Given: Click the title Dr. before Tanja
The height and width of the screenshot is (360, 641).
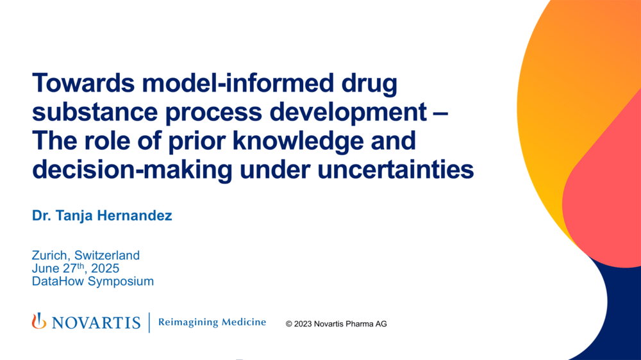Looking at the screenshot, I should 43,216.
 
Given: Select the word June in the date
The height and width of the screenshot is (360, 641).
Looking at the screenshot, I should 46,268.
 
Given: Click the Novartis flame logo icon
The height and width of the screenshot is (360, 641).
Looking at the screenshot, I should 39,322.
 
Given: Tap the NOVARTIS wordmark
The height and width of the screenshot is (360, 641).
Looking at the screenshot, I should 96,323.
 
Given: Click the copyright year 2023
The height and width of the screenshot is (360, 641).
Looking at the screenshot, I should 304,324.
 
